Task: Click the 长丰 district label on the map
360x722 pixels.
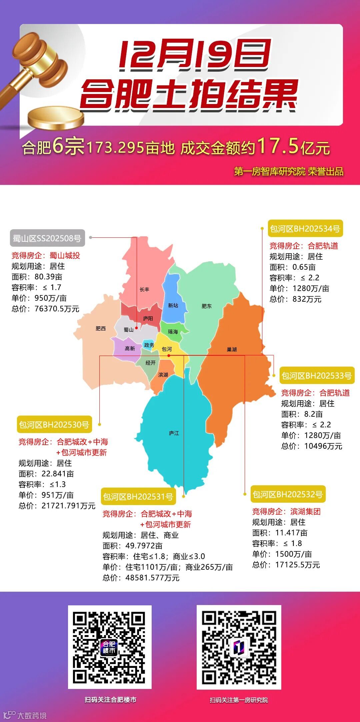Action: (x=144, y=289)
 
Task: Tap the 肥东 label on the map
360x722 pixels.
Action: (x=206, y=306)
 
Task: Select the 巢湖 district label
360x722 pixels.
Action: (x=232, y=349)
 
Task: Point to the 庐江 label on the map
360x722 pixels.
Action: (x=174, y=433)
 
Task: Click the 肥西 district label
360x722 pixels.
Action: (x=101, y=329)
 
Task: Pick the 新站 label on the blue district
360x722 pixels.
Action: (x=173, y=305)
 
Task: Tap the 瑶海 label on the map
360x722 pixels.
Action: (x=173, y=332)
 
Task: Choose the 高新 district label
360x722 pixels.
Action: (x=130, y=348)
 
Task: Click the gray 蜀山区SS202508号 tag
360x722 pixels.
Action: (x=47, y=238)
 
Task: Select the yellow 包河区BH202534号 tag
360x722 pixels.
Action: (x=305, y=229)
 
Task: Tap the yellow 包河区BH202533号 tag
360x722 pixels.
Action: (x=317, y=376)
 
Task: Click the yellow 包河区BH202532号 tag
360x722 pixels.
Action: (x=288, y=494)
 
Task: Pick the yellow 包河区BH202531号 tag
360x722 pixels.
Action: (x=138, y=497)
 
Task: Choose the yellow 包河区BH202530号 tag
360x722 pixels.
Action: (x=54, y=425)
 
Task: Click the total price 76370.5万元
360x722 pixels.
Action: (x=57, y=309)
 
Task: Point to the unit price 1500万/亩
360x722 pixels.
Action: (x=294, y=554)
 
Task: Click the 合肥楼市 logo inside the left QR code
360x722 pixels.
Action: (x=109, y=648)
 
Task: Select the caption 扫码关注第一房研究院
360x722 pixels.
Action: (x=239, y=700)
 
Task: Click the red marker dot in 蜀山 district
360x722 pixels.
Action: (x=136, y=328)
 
